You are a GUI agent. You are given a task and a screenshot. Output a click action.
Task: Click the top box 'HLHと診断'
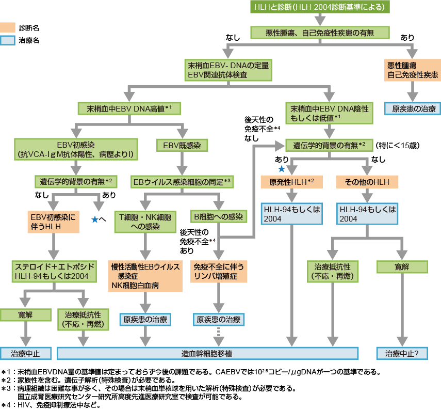pyautogui.click(x=320, y=7)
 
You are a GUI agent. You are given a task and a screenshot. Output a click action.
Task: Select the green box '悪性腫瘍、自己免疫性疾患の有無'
pyautogui.click(x=320, y=33)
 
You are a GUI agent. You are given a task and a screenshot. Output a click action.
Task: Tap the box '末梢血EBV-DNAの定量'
pyautogui.click(x=228, y=70)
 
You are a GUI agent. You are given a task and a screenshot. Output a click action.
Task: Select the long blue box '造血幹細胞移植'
pyautogui.click(x=207, y=354)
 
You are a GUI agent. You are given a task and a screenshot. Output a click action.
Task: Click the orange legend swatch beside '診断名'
pyautogui.click(x=8, y=27)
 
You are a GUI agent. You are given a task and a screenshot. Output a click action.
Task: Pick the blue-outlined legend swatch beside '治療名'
pyautogui.click(x=8, y=40)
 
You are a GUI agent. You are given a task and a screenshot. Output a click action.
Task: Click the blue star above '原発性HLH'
pyautogui.click(x=282, y=169)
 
